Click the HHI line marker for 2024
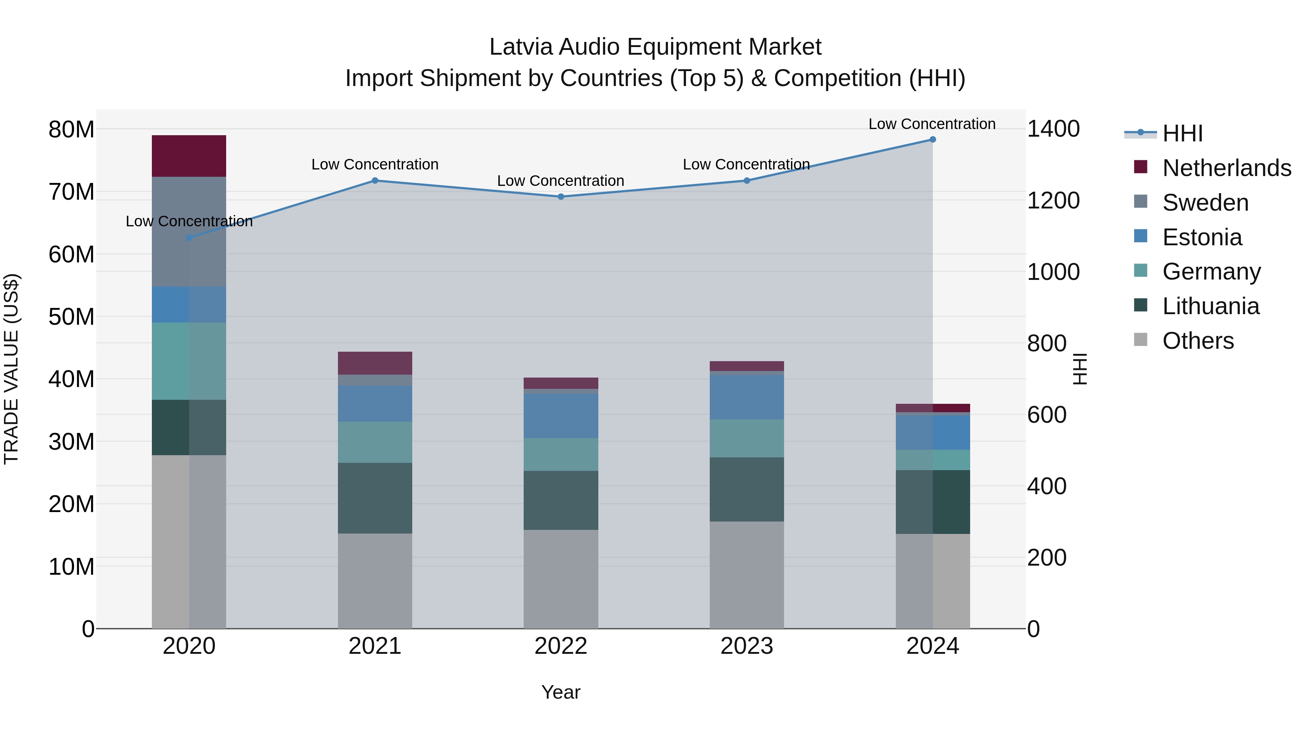click(x=932, y=140)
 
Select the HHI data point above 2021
click(x=375, y=180)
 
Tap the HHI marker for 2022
click(x=561, y=196)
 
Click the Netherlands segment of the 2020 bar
click(x=189, y=156)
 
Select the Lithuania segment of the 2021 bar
click(x=375, y=498)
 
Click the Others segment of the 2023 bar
click(x=747, y=574)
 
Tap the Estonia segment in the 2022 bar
click(x=561, y=415)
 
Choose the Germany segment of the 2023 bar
click(x=747, y=438)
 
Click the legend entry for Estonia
click(x=1202, y=237)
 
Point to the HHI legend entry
click(x=1182, y=133)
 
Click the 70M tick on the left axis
click(x=71, y=192)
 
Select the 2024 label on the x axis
click(x=932, y=646)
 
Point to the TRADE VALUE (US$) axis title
click(x=11, y=369)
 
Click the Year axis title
click(x=560, y=692)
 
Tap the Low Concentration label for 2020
click(x=189, y=221)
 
